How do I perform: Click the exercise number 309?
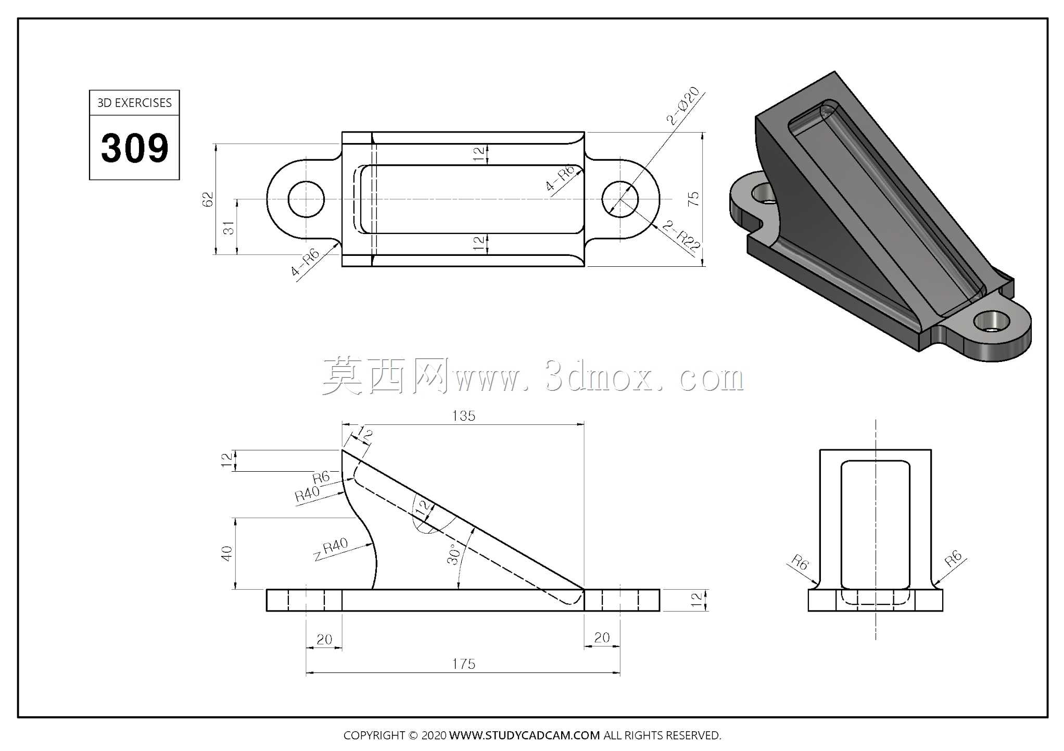[x=135, y=148]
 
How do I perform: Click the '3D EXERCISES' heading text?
[x=134, y=103]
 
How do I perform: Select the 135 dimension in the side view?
[x=464, y=416]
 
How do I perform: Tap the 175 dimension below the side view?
[x=464, y=664]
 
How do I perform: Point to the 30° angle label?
[x=454, y=554]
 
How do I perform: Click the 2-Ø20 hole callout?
[x=683, y=106]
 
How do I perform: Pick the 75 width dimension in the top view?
[x=693, y=199]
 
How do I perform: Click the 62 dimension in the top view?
[x=207, y=199]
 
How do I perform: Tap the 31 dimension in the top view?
[x=229, y=228]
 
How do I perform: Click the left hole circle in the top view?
[x=306, y=199]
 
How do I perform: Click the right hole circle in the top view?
[x=620, y=199]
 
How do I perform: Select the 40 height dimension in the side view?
[x=226, y=553]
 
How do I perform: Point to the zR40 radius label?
[x=331, y=549]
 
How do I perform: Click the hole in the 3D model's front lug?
[x=991, y=321]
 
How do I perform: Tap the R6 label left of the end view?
[x=800, y=563]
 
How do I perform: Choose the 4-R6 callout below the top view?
[x=305, y=263]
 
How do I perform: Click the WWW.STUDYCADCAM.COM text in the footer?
[x=524, y=735]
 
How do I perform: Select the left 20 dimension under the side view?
[x=324, y=639]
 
